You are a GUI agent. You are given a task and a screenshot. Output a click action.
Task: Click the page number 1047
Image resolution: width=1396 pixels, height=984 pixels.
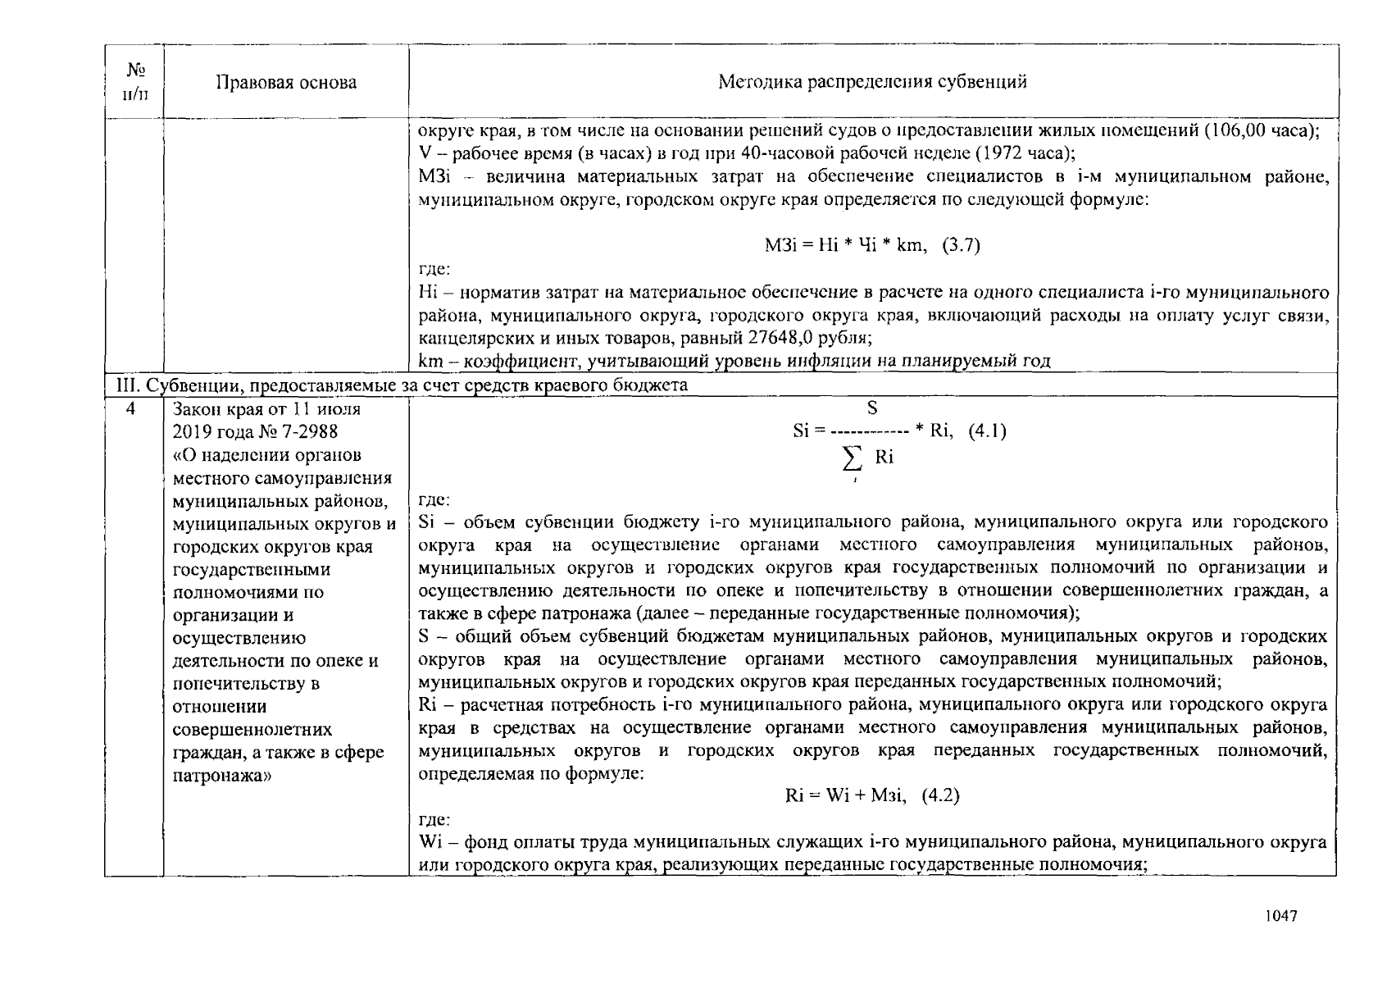click(x=1280, y=916)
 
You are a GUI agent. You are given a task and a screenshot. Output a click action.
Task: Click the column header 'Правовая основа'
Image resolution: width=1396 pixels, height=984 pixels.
click(x=286, y=82)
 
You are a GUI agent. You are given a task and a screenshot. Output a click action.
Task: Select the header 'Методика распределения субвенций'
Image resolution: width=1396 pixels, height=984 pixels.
click(x=872, y=81)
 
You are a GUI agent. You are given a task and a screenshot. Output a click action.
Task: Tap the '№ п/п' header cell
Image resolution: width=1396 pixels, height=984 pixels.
click(x=134, y=81)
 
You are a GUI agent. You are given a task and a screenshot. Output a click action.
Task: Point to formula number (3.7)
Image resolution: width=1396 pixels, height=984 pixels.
click(x=961, y=245)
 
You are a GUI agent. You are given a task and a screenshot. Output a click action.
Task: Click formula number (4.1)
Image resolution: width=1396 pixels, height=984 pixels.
click(x=987, y=431)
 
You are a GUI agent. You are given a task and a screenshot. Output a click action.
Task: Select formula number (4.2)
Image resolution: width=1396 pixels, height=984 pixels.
click(x=940, y=795)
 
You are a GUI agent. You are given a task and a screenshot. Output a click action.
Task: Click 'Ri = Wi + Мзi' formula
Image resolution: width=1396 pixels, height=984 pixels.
click(x=844, y=795)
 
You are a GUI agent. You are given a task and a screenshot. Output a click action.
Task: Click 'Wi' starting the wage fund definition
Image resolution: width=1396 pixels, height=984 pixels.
click(x=430, y=841)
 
